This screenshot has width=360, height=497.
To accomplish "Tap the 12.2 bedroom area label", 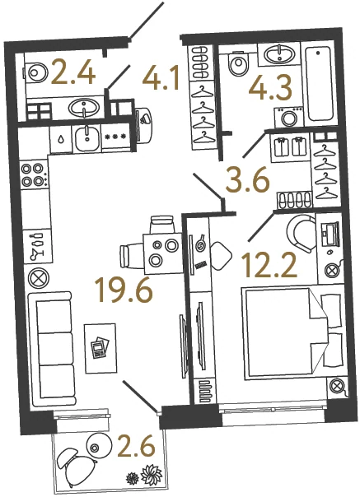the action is (x=269, y=265).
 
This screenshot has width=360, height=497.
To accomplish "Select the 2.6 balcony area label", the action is (x=136, y=447).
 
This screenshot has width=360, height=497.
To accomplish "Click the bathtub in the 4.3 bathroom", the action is (x=320, y=84).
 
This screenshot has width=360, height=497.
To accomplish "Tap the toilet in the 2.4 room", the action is (x=35, y=72).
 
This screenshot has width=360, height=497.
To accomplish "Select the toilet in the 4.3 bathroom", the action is (x=239, y=63).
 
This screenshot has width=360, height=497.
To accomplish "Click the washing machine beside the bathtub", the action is (x=289, y=117).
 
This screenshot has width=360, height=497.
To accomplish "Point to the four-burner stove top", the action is (x=33, y=174).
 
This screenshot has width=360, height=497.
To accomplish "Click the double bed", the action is (x=292, y=333).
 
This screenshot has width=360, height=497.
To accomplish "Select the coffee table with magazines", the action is (x=100, y=348).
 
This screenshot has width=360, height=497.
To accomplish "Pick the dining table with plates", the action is (x=163, y=253).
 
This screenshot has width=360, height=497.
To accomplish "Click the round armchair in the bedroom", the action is (x=301, y=234).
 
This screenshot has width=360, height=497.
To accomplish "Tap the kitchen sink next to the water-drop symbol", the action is (x=86, y=139).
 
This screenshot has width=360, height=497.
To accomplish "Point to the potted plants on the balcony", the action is (x=144, y=477).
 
